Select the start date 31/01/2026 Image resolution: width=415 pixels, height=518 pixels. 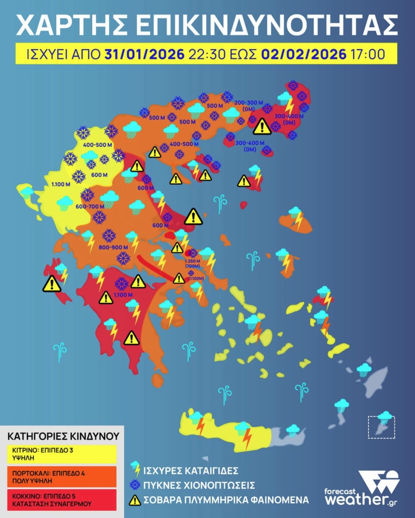(x=144, y=53)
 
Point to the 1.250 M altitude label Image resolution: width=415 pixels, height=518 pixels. (x=193, y=261)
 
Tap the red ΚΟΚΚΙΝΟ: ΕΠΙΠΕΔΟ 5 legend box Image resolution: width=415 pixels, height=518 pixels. (x=61, y=498)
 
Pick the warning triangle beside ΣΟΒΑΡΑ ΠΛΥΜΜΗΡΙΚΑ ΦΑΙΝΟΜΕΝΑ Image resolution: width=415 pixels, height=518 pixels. (x=135, y=500)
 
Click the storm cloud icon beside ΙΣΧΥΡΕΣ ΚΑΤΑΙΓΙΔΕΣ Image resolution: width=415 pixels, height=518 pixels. (x=135, y=468)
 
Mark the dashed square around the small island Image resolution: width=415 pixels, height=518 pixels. (x=381, y=426)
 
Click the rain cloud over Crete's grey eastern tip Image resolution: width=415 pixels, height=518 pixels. (x=293, y=429)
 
